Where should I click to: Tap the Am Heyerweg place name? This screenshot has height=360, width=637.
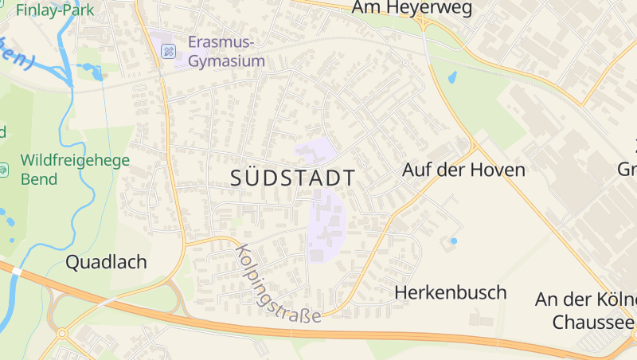[412, 9]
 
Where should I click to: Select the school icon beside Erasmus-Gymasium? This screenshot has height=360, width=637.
[169, 52]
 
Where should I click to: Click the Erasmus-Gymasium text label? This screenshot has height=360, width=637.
[227, 51]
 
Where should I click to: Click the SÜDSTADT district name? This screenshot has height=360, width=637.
[293, 178]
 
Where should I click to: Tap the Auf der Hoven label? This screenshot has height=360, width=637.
[463, 170]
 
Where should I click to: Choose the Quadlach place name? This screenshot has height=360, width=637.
[106, 262]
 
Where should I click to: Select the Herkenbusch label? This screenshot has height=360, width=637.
[451, 292]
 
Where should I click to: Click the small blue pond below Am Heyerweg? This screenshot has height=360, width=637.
[452, 79]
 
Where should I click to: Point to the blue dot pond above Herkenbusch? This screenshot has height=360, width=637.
[454, 241]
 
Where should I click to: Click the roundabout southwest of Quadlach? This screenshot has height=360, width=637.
[61, 334]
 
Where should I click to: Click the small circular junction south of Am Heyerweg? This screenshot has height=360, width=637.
[405, 62]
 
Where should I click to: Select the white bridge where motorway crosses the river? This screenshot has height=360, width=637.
[17, 272]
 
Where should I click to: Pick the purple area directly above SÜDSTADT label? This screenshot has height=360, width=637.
[316, 150]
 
